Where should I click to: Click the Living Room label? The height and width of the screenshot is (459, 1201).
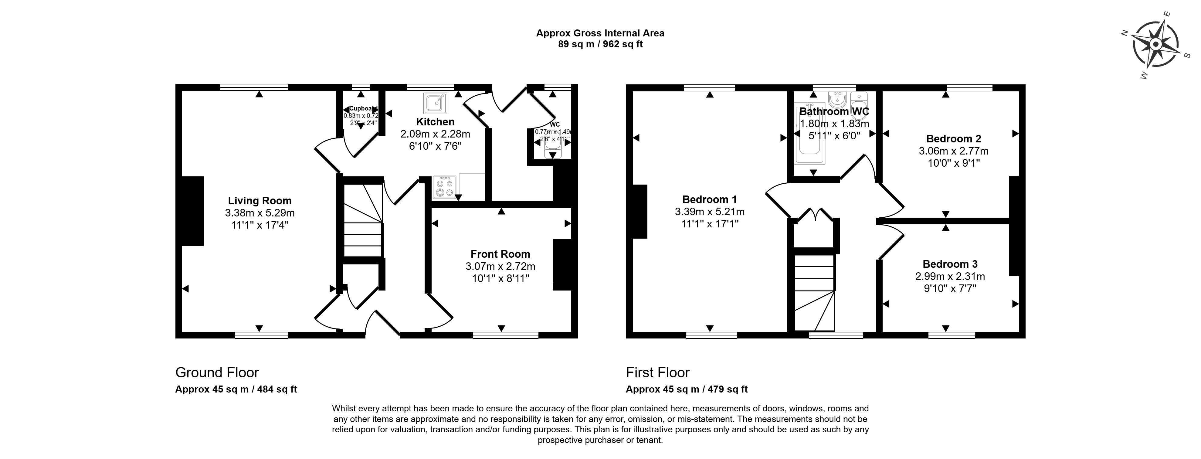[x=260, y=201]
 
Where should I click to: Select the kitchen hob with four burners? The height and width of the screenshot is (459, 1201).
[x=444, y=188]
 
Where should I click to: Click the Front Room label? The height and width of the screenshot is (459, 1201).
[x=500, y=254]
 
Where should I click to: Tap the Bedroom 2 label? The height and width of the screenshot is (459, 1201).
[x=953, y=138]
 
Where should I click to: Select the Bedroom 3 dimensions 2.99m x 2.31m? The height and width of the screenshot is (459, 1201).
[x=950, y=276]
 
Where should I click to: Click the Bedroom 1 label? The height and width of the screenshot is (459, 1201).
[x=710, y=199]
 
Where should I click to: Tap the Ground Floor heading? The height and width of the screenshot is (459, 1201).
[x=217, y=372]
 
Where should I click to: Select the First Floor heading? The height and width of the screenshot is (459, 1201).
[x=657, y=372]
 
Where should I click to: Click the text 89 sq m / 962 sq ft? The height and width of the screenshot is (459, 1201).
[x=600, y=44]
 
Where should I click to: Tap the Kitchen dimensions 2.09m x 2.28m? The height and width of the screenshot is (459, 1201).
[x=435, y=134]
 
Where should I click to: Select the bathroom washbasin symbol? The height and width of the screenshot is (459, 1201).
[x=837, y=99]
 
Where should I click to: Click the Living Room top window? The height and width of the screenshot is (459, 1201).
[x=254, y=87]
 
